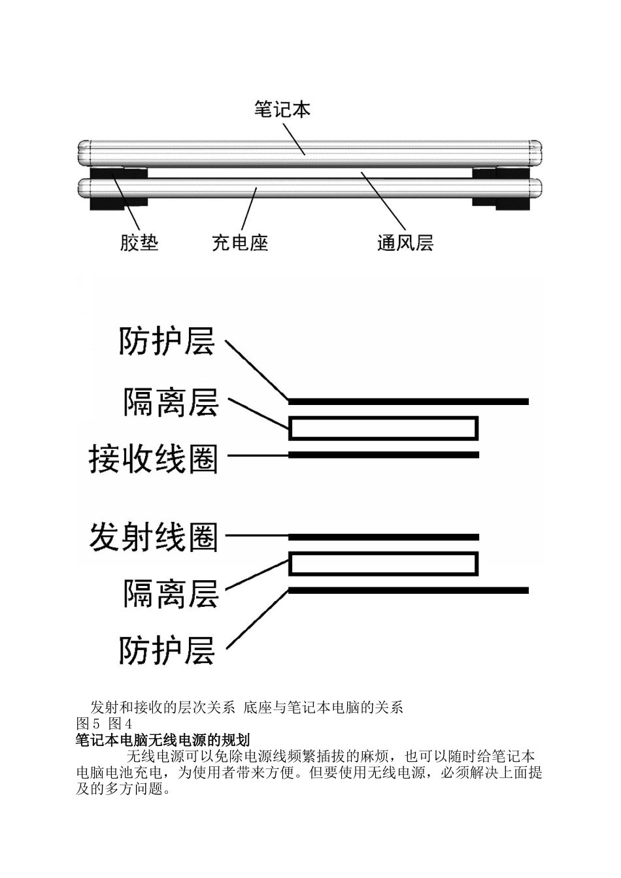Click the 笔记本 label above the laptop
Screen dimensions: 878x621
282,109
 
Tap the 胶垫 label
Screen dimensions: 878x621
139,243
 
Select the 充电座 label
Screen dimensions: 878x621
240,243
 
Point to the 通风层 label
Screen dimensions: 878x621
405,243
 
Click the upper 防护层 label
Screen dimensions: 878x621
167,341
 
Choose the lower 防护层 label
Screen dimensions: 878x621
167,651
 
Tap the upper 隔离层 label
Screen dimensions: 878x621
171,402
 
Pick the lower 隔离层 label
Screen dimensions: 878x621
171,594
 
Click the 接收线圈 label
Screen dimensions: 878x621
153,459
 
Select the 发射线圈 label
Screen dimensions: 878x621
153,537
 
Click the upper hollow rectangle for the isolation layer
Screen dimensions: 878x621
384,429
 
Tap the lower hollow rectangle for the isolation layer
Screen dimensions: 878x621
384,564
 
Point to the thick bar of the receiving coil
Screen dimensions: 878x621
384,455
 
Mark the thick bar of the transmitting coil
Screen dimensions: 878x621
384,537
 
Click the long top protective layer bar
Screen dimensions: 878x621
409,401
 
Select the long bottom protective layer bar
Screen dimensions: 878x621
409,591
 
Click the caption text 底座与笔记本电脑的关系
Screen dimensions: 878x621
323,707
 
